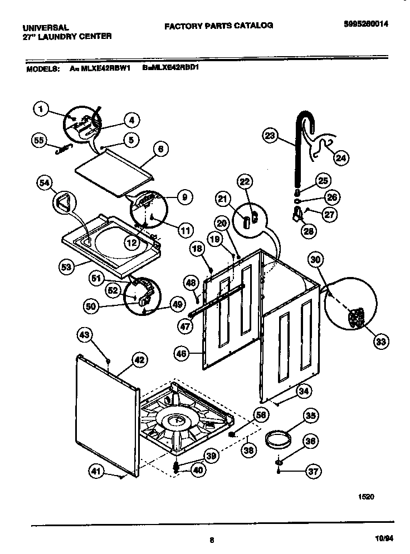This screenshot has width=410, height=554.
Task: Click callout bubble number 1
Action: pos(41,109)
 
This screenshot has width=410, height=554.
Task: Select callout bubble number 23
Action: pos(270,135)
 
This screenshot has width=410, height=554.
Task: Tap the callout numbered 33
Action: pos(381,341)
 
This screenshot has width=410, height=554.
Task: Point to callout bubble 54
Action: pos(45,182)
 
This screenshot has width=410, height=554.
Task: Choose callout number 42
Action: pos(139,360)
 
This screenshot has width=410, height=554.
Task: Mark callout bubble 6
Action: pos(160,149)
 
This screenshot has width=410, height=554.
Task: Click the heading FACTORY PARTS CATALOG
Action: pos(218,25)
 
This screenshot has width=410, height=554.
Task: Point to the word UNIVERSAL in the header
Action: pos(46,27)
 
